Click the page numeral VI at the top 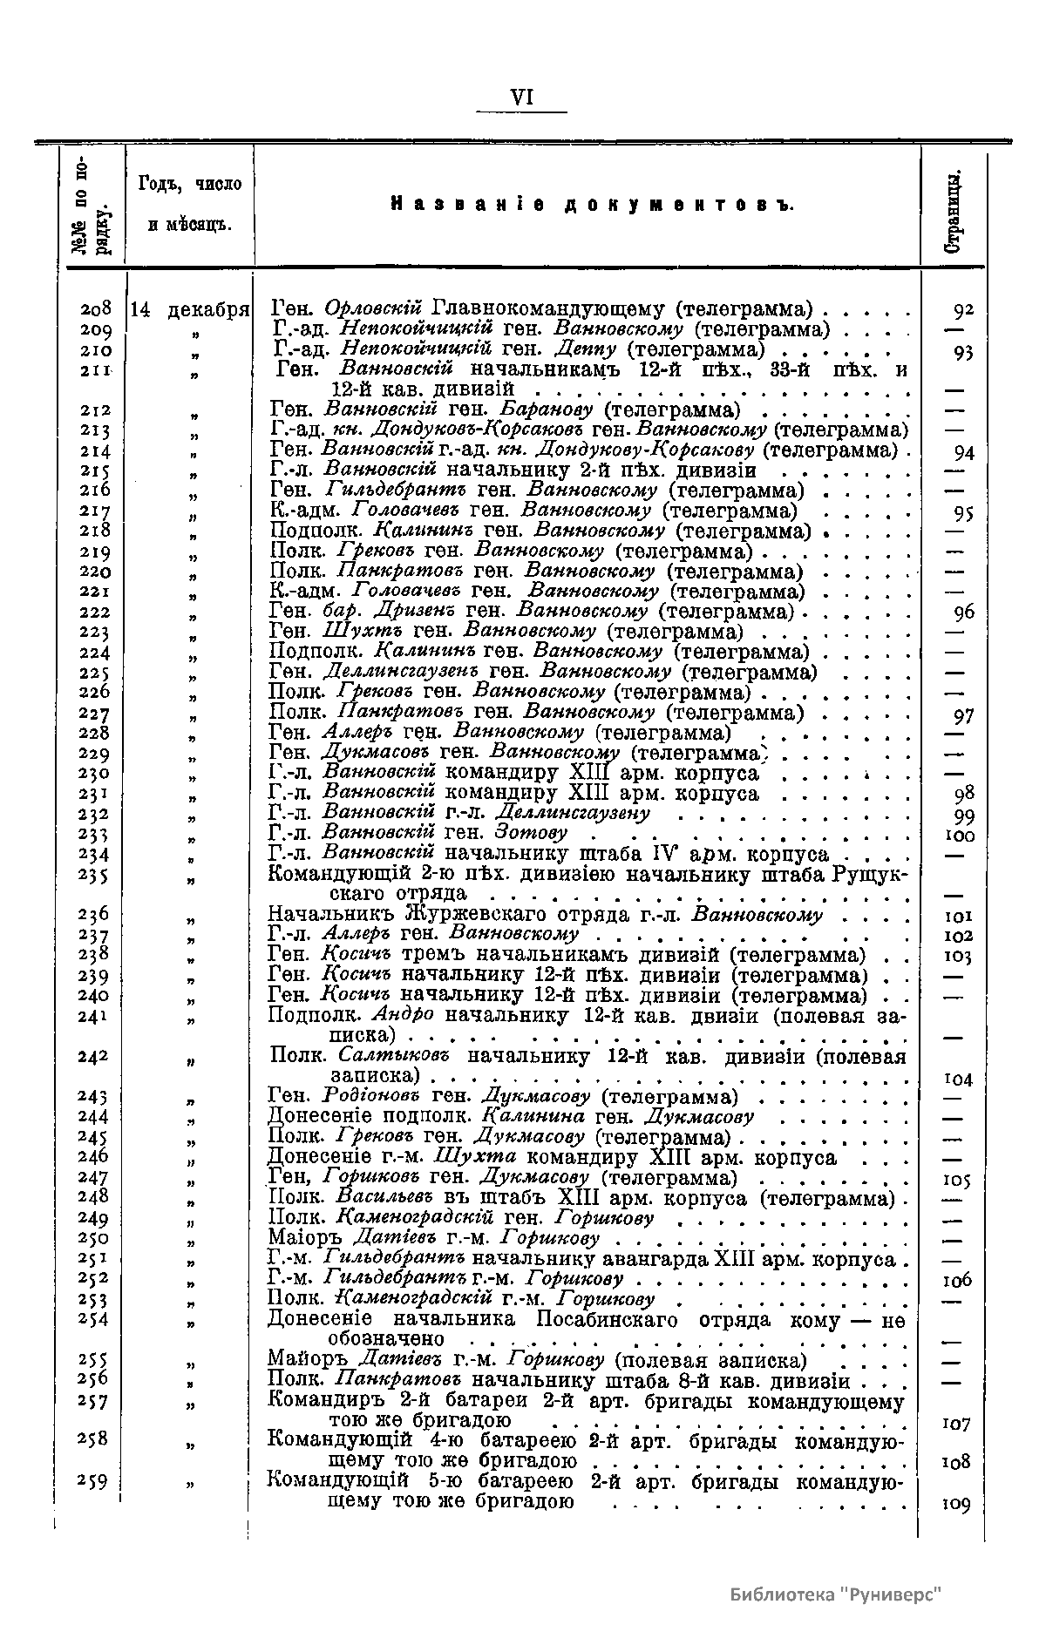pos(522,97)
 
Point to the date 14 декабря pos(190,309)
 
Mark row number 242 pos(93,1057)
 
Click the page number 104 pos(959,1079)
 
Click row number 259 pos(93,1482)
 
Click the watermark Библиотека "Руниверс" pos(837,1594)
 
